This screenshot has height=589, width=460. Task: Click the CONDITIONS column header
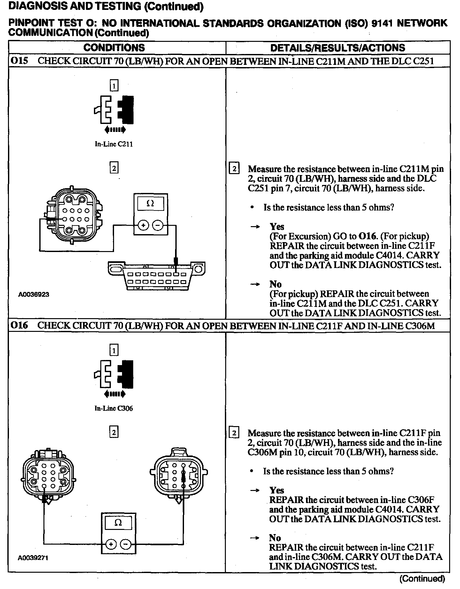[114, 48]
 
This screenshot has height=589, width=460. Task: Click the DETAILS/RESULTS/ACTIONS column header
[337, 48]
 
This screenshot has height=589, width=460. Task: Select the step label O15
[19, 61]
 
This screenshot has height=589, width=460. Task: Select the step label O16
[19, 325]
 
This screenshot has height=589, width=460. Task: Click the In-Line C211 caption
[114, 144]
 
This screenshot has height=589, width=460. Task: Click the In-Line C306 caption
[114, 409]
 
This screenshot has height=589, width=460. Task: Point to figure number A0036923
[34, 294]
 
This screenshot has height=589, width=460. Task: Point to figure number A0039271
[33, 558]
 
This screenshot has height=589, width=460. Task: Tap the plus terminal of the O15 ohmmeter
[143, 226]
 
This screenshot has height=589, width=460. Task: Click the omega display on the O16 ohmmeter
[118, 523]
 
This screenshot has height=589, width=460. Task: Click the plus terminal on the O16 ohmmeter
[111, 544]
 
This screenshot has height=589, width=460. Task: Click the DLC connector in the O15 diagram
[157, 275]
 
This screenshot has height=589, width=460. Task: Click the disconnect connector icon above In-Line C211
[114, 110]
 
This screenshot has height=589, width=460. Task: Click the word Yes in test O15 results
[277, 227]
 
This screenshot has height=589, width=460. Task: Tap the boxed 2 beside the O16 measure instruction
[234, 433]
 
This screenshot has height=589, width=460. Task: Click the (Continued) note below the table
[422, 578]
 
